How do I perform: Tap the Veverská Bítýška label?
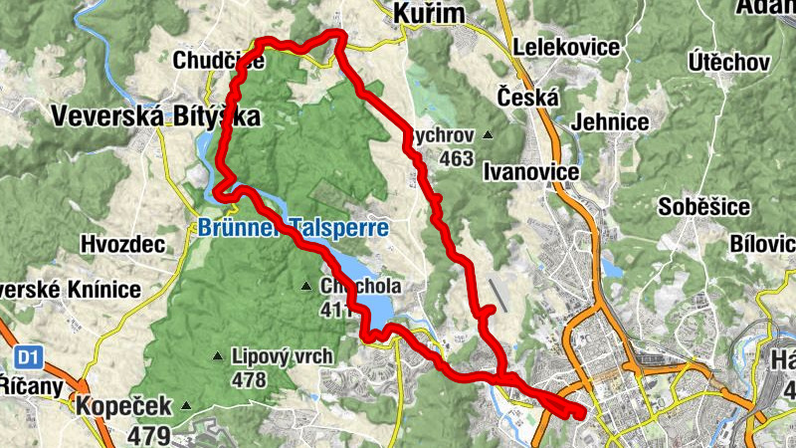tap(155, 116)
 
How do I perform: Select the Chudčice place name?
tap(218, 61)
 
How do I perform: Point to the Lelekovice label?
tap(564, 47)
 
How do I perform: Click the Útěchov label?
tap(728, 63)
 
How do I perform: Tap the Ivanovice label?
tap(530, 172)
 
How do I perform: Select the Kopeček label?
tap(122, 406)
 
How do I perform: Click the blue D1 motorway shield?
tap(27, 355)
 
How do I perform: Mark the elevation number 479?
tap(148, 435)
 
